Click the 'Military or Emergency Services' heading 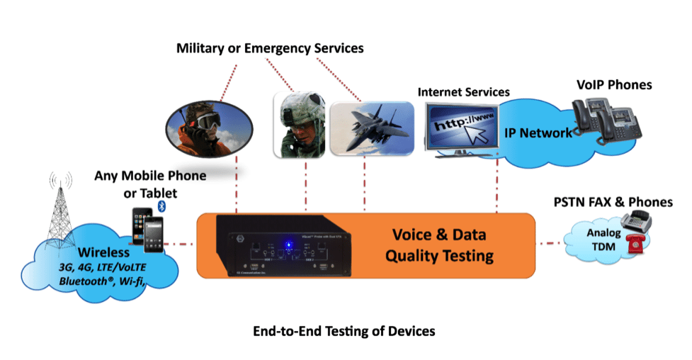[x=270, y=48]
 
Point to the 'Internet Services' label [x=463, y=92]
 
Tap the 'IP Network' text [x=538, y=133]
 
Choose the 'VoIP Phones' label [x=615, y=85]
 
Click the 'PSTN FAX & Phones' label [x=613, y=202]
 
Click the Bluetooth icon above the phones [x=161, y=206]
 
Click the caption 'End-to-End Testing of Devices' [x=344, y=331]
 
